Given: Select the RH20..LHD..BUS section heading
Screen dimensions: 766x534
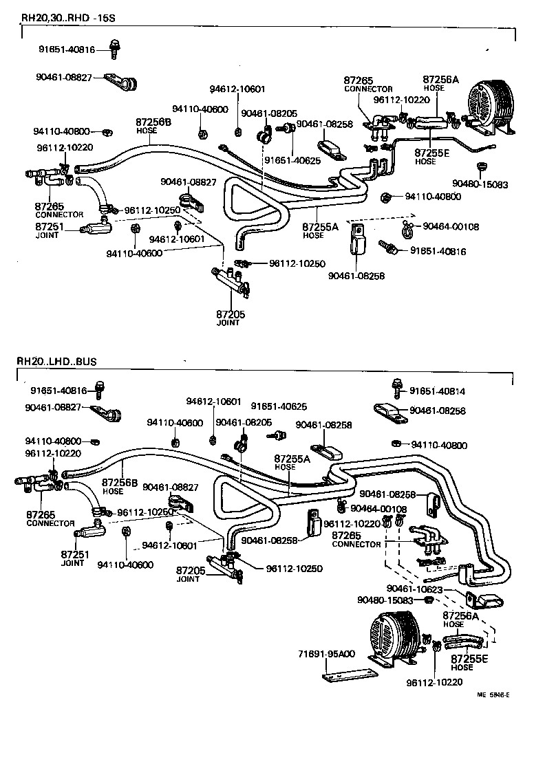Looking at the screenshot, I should click(58, 361).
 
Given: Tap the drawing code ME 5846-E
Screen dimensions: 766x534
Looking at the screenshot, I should click(493, 694).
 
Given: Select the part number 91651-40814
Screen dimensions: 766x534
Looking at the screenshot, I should click(437, 391).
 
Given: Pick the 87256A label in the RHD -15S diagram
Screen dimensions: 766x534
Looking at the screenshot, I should click(440, 80).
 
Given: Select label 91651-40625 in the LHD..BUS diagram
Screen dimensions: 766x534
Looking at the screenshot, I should click(279, 406).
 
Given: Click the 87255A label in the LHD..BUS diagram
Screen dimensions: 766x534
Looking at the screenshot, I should click(292, 458).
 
